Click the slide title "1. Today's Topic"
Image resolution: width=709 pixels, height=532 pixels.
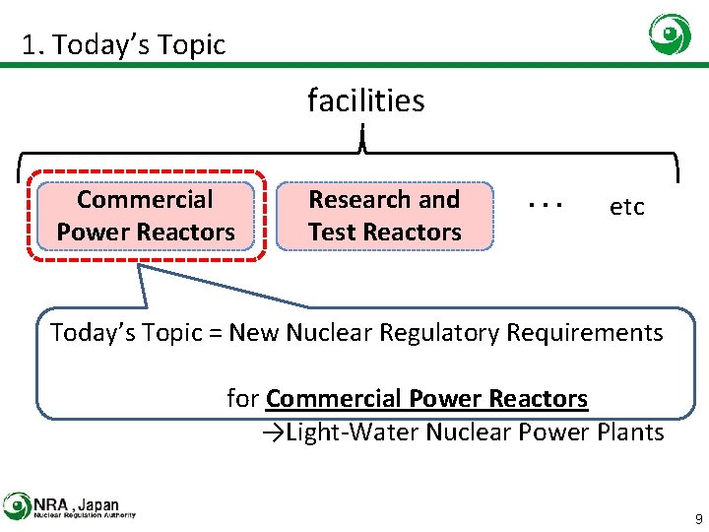click(x=124, y=44)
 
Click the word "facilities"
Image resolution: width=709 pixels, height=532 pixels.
click(x=365, y=100)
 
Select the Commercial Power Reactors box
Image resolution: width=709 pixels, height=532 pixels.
click(x=146, y=216)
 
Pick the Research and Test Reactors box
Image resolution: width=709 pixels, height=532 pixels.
click(x=384, y=216)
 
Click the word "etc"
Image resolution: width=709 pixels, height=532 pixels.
click(x=627, y=207)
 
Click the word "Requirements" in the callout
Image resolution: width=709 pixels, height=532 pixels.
click(x=585, y=333)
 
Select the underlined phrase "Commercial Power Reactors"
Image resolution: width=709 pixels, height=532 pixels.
click(x=426, y=399)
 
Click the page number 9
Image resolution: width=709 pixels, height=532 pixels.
click(x=698, y=518)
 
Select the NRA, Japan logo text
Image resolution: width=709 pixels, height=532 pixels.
click(x=76, y=500)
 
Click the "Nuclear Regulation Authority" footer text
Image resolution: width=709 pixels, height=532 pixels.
click(x=84, y=514)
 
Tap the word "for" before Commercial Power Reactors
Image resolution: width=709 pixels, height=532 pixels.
click(x=242, y=399)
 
